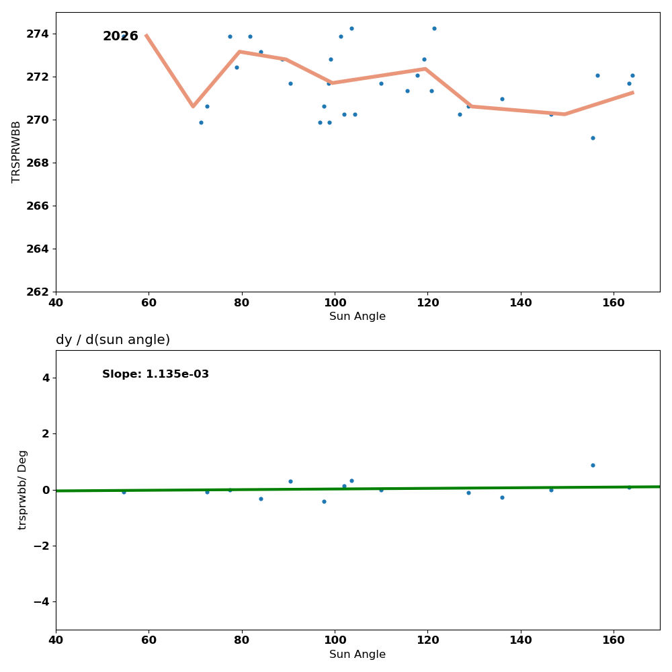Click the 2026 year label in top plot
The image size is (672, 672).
click(x=120, y=36)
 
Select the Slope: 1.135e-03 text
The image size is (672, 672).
click(x=155, y=374)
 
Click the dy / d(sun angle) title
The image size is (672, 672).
click(x=113, y=340)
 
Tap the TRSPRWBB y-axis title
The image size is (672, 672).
click(x=16, y=152)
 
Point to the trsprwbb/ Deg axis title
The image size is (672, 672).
click(x=22, y=489)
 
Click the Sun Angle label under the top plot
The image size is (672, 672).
click(x=358, y=317)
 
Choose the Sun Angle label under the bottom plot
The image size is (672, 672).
click(x=358, y=655)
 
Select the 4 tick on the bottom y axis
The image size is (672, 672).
click(x=46, y=378)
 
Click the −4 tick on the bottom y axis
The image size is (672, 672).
click(x=41, y=601)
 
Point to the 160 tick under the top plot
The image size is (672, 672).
click(x=614, y=302)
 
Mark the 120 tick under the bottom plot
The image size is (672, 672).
click(x=427, y=640)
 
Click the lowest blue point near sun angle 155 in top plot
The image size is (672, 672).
click(x=593, y=138)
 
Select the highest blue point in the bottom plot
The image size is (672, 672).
click(x=593, y=465)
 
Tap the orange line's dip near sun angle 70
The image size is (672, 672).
click(x=193, y=106)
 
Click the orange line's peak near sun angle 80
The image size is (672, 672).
click(x=239, y=52)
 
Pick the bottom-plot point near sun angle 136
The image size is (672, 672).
click(x=502, y=497)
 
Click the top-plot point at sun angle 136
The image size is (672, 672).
click(x=502, y=99)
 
